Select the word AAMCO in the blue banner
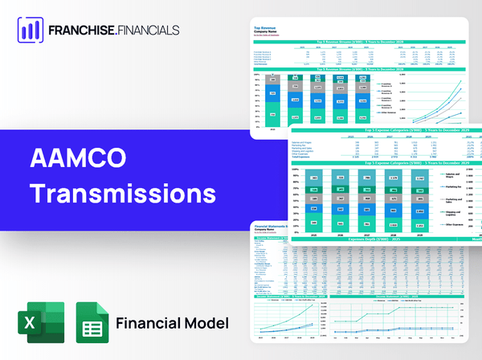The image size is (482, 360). point(67,157)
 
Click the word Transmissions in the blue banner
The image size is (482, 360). point(122,194)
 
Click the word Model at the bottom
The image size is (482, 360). point(208,323)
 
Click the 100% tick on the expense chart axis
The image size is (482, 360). point(295,170)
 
